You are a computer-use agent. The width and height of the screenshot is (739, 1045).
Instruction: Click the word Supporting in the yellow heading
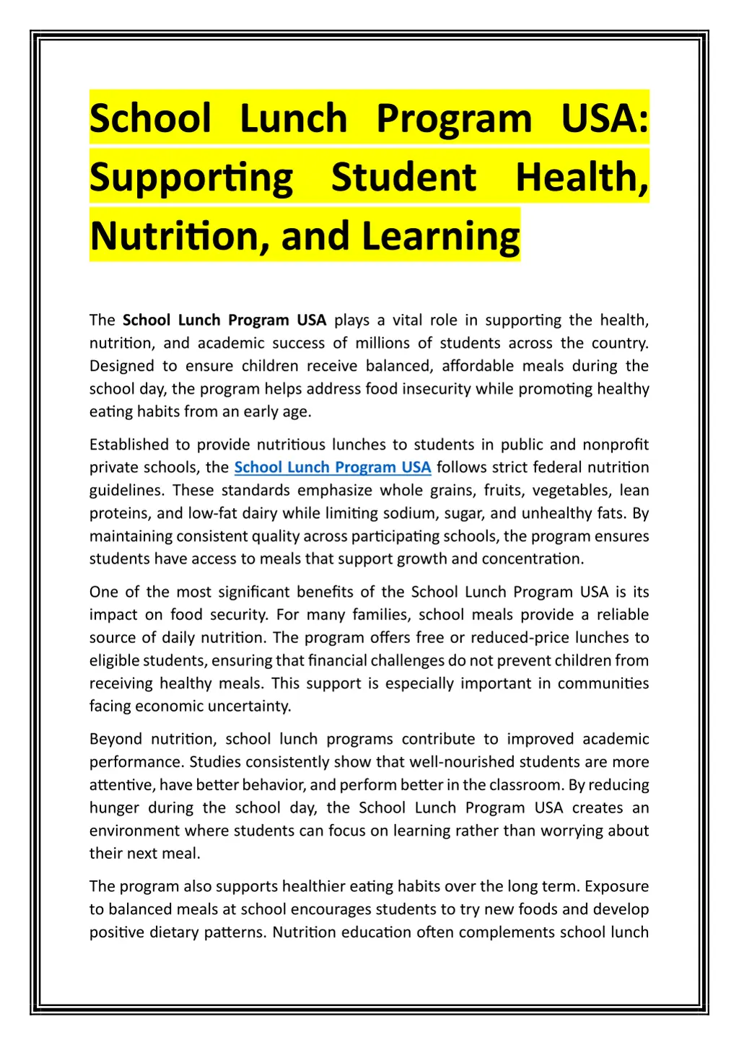click(191, 178)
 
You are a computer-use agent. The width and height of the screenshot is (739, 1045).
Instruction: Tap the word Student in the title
click(403, 178)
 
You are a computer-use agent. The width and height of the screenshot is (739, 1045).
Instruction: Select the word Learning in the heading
click(440, 236)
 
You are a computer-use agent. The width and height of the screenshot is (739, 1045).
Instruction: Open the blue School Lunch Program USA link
click(333, 468)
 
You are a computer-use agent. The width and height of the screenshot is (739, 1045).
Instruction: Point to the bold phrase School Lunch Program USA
click(224, 320)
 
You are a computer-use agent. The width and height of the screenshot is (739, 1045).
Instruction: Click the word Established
click(130, 445)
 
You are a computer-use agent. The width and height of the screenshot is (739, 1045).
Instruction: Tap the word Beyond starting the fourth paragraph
click(115, 739)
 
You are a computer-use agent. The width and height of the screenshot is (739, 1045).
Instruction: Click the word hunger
click(114, 808)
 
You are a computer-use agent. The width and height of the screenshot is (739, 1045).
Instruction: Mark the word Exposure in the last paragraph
click(616, 886)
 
